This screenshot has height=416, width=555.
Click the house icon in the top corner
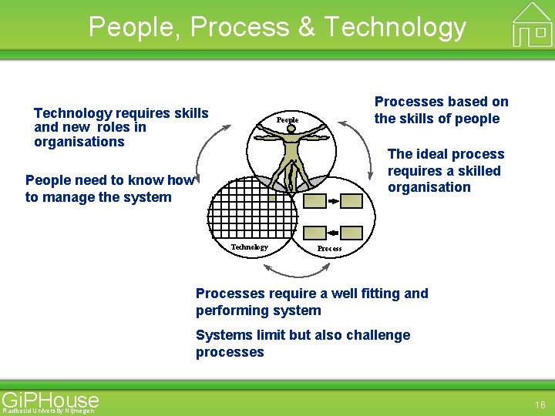point(532,23)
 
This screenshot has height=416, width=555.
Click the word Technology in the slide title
point(395,27)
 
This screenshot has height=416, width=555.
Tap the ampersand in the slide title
point(306,27)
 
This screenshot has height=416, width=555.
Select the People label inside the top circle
point(288,120)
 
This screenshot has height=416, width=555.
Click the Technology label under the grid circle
point(250,247)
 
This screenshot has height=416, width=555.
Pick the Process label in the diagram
point(329,249)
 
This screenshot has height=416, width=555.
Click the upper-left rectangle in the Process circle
point(314,201)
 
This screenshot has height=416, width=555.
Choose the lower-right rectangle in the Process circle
point(351,232)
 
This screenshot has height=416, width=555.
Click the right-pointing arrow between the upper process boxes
point(333,201)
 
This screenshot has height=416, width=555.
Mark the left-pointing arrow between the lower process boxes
point(333,232)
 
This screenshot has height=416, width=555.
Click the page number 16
point(540,404)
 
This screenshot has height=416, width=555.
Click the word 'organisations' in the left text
point(79,142)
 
